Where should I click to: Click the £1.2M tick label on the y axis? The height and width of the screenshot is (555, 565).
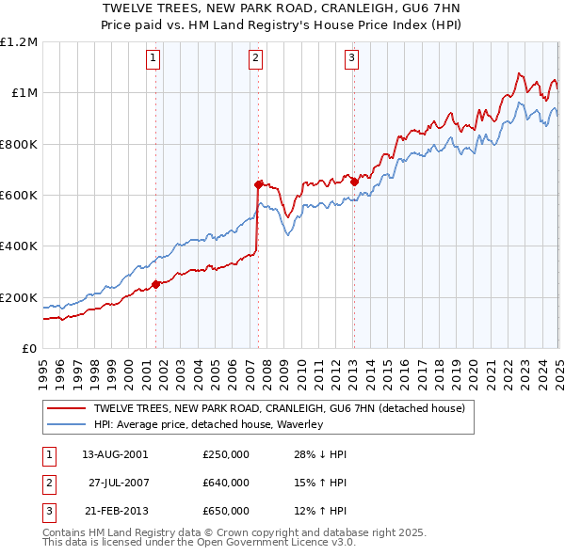pos(19,41)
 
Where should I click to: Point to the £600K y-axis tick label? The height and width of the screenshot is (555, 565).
pos(19,195)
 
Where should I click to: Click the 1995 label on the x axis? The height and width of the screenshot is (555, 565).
pos(43,367)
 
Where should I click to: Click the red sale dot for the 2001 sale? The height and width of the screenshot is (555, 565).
pos(156,285)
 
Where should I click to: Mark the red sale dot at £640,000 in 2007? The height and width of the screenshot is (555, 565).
pos(258,185)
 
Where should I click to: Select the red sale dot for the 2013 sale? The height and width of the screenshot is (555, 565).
pos(354,182)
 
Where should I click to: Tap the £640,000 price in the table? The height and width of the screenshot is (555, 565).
pos(226,483)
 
